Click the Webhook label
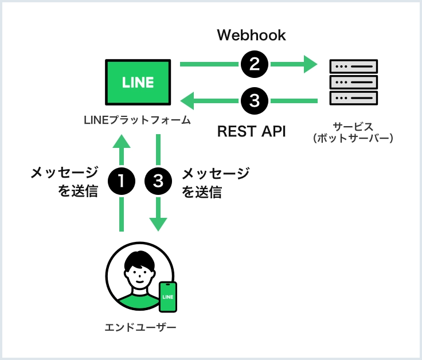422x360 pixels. [x=251, y=35]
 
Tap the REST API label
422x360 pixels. [x=251, y=131]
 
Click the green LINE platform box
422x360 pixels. [x=138, y=82]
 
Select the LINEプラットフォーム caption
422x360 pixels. [x=137, y=120]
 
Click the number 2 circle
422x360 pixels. [x=255, y=64]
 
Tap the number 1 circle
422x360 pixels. [x=122, y=181]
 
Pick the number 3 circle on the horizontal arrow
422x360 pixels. [x=255, y=101]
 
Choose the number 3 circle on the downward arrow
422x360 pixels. [x=158, y=181]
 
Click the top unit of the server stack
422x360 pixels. [x=354, y=66]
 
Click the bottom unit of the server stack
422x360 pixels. [x=354, y=98]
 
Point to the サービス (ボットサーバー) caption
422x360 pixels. [x=353, y=132]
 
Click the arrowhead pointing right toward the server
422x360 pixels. [x=311, y=64]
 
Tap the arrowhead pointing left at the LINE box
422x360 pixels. [x=187, y=101]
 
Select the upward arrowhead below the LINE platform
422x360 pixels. [x=122, y=142]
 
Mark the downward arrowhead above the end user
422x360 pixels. [x=158, y=224]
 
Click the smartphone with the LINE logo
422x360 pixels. [x=168, y=297]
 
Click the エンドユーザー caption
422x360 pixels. [x=140, y=327]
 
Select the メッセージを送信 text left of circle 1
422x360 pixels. [x=65, y=182]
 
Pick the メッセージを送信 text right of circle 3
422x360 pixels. [x=216, y=182]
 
